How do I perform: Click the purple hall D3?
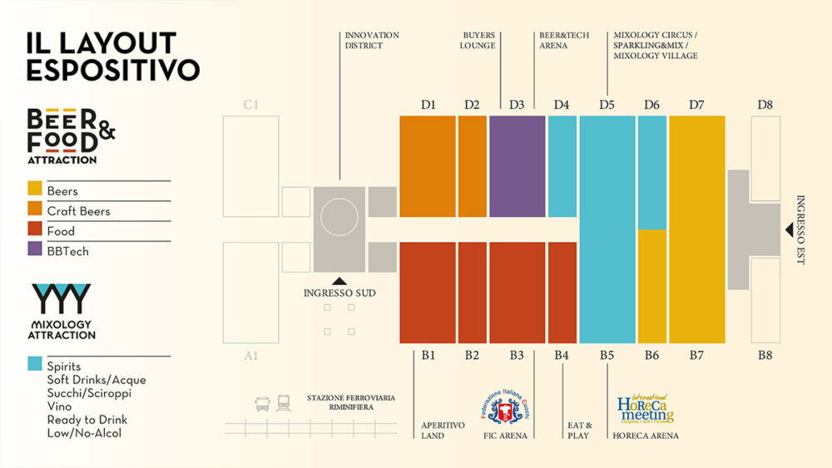(517, 166)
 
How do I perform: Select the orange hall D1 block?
(428, 166)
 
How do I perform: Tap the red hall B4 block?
(562, 292)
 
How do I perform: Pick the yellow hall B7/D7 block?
(696, 229)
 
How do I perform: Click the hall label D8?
(765, 105)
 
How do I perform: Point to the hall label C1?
(251, 105)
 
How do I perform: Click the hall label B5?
(607, 356)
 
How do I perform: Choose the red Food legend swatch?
(35, 231)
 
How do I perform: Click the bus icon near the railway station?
(263, 404)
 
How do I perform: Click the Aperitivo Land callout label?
(443, 430)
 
